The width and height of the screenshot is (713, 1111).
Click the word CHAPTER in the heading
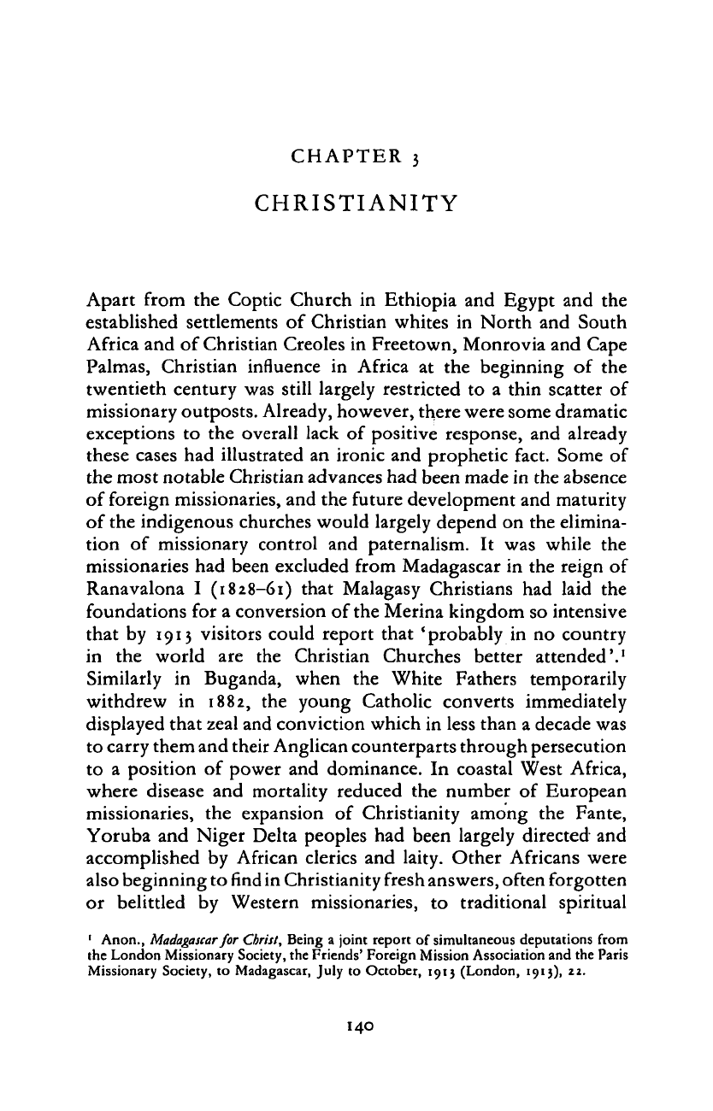click(x=336, y=156)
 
